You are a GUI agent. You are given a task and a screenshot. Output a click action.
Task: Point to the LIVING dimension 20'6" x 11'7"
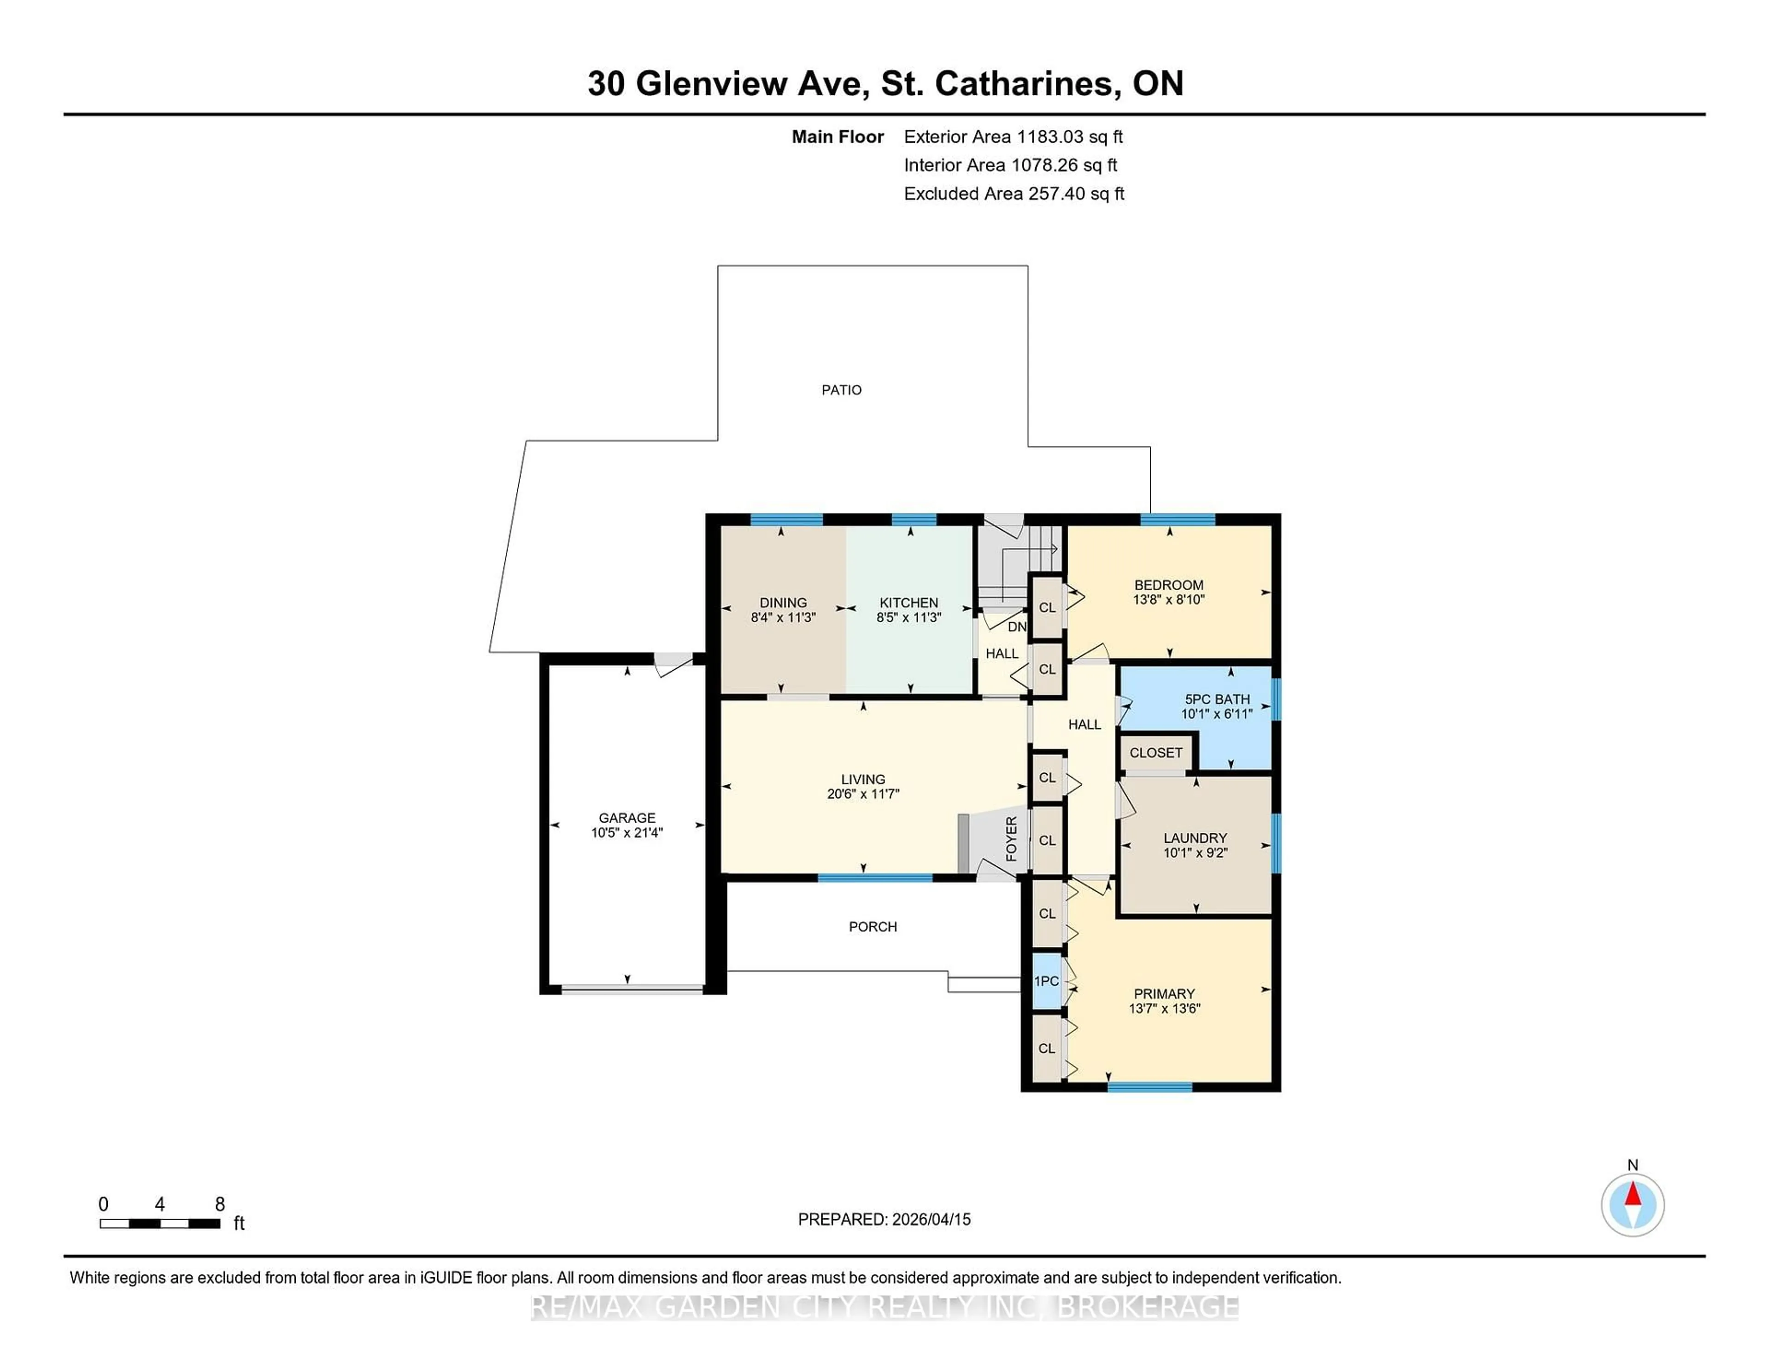pos(863,794)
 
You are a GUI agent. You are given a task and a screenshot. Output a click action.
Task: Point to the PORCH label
pos(873,926)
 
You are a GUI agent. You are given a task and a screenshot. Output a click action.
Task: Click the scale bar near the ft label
pos(159,1224)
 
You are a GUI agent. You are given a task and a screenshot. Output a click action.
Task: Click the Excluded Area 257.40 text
pos(1013,193)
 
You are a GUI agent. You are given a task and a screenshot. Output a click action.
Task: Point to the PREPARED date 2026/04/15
pos(930,1219)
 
